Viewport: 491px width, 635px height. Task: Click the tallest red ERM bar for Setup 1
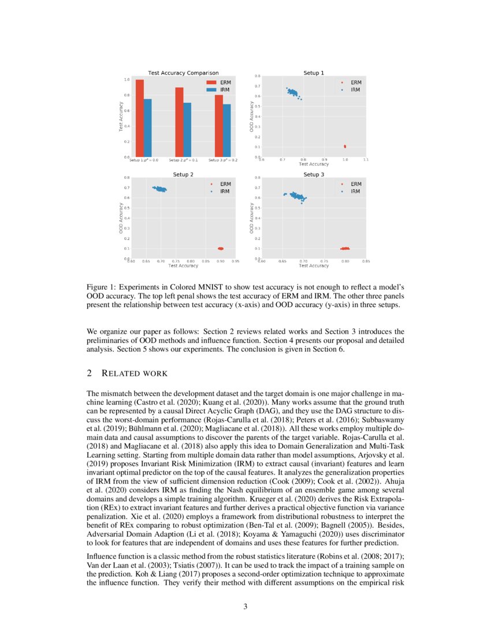[139, 118]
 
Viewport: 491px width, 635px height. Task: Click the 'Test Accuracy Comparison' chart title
[183, 73]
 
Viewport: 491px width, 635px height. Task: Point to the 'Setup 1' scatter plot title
[314, 73]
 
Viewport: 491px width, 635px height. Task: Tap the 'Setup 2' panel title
[183, 174]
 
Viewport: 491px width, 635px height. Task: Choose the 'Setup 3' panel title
[314, 174]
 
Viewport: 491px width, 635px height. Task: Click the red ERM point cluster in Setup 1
[345, 147]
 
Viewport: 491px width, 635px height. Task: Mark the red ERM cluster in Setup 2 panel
[221, 248]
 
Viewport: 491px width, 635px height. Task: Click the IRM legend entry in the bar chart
[220, 90]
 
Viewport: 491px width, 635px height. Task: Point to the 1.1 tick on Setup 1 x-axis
[366, 159]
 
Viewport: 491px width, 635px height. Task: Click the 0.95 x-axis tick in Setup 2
[235, 261]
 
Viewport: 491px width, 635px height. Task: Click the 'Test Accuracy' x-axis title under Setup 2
[183, 266]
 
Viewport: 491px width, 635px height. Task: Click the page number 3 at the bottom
[245, 606]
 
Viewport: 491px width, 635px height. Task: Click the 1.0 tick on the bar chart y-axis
[126, 80]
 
